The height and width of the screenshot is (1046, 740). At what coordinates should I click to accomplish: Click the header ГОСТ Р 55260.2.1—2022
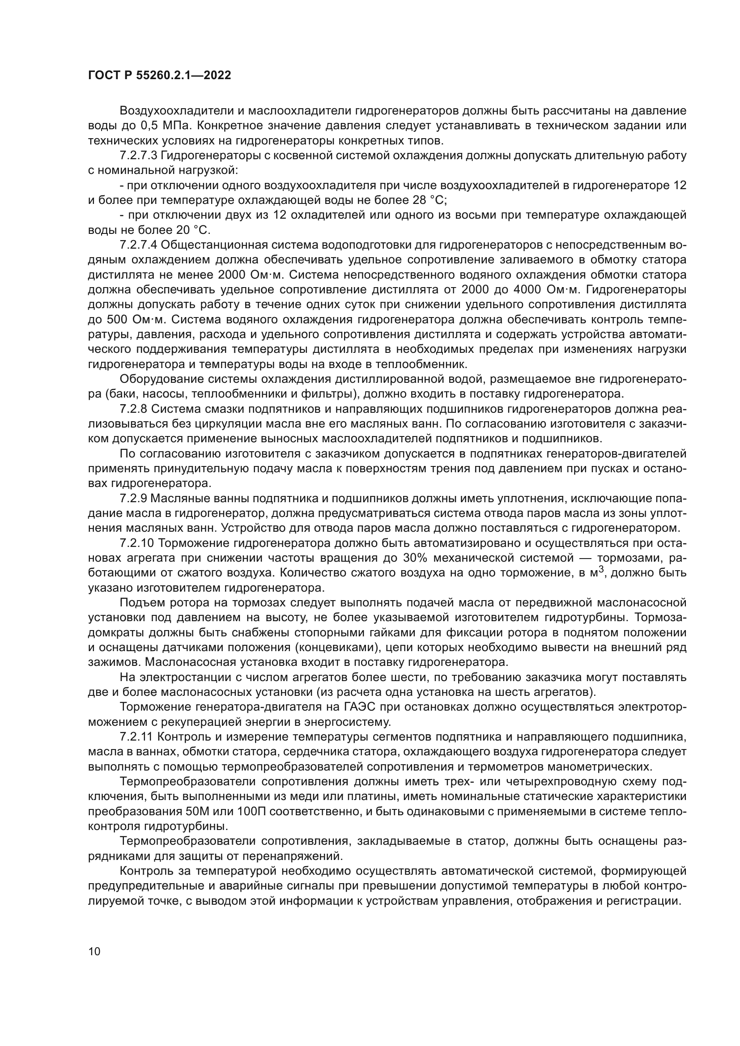pyautogui.click(x=159, y=75)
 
